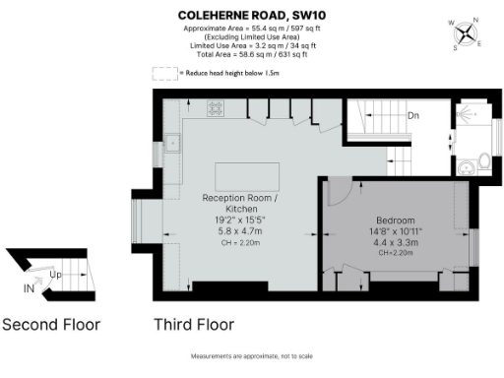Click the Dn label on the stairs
click(414, 116)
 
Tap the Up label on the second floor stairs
click(56, 275)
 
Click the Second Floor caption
click(51, 324)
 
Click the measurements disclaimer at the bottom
click(251, 357)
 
